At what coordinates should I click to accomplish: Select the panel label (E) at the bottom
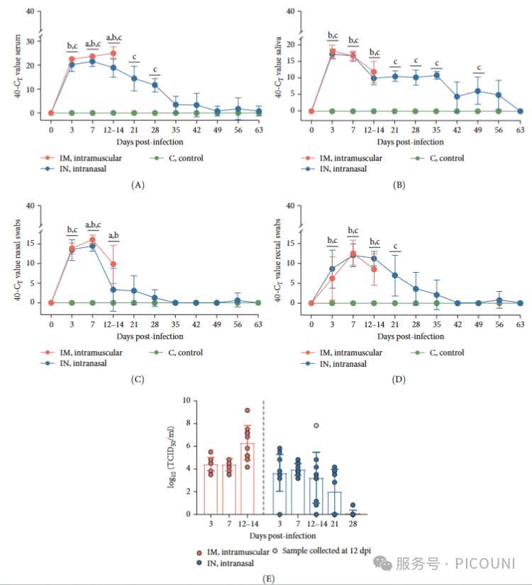click(268, 578)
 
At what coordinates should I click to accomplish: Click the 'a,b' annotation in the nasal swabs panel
click(113, 237)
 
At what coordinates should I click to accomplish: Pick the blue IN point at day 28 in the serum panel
click(155, 85)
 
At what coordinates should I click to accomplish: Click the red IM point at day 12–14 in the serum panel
click(113, 53)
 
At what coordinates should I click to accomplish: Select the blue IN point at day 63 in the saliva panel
click(520, 110)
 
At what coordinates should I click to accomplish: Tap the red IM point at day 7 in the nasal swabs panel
click(92, 240)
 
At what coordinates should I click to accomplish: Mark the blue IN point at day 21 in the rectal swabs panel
click(395, 276)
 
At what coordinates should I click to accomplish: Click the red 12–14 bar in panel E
click(247, 479)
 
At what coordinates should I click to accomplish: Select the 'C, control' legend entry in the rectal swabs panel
click(443, 353)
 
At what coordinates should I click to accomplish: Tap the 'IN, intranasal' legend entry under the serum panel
click(89, 169)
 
